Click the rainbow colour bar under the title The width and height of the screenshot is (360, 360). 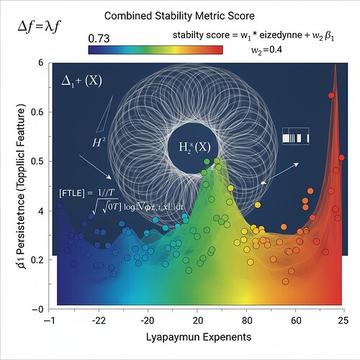(155, 50)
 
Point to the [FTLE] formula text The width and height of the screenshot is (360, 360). (108, 201)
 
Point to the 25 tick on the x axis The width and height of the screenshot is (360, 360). (344, 320)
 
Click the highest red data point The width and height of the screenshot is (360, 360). (331, 95)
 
